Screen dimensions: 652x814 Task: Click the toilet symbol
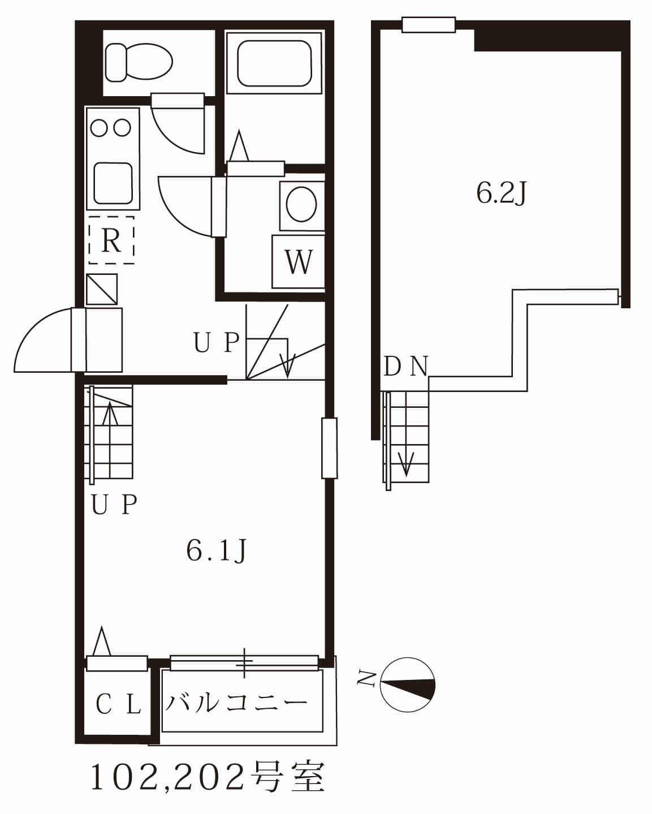click(x=139, y=62)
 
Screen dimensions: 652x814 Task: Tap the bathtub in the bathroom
click(x=274, y=63)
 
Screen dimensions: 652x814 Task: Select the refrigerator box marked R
click(x=111, y=240)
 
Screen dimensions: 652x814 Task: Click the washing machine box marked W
click(x=298, y=262)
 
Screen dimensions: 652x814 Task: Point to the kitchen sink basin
click(x=113, y=183)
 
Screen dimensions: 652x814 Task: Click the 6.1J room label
click(x=217, y=551)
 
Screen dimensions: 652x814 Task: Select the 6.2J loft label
click(x=502, y=193)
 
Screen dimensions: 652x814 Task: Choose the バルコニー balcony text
click(x=236, y=704)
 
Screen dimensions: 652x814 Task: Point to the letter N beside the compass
click(x=366, y=679)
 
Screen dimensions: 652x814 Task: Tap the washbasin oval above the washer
click(x=301, y=204)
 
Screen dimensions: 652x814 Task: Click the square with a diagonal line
click(x=102, y=290)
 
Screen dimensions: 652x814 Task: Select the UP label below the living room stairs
click(x=114, y=505)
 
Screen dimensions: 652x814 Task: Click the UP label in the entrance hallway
click(x=217, y=343)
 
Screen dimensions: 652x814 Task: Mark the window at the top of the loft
click(x=429, y=25)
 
